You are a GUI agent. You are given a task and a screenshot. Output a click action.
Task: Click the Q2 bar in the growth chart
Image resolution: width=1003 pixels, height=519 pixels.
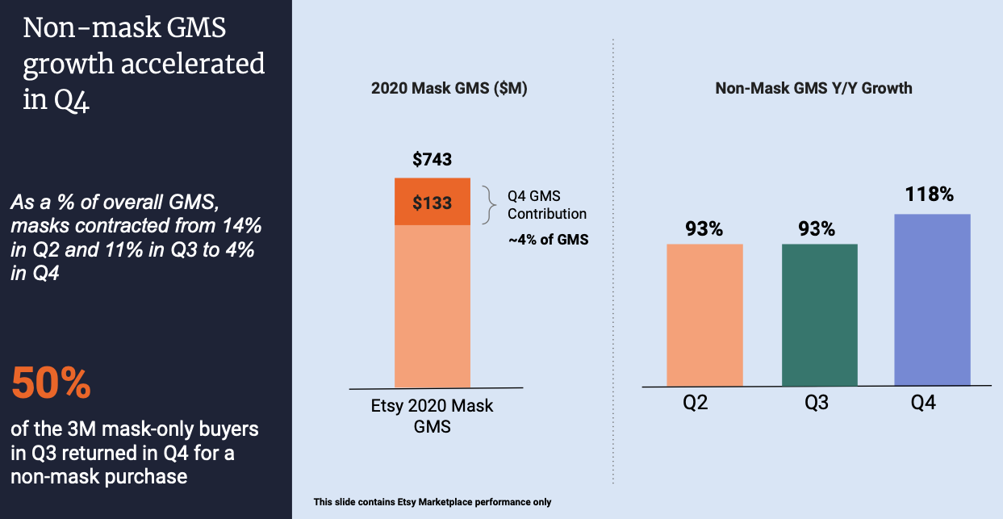click(704, 315)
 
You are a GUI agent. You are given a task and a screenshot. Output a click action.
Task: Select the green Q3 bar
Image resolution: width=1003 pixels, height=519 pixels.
click(819, 315)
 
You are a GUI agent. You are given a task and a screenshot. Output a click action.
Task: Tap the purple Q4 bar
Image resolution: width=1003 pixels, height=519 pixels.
click(933, 299)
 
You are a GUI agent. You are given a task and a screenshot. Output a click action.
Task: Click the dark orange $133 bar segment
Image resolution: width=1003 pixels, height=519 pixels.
click(433, 202)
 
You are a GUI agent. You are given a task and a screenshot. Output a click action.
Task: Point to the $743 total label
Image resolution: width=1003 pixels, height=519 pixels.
click(433, 160)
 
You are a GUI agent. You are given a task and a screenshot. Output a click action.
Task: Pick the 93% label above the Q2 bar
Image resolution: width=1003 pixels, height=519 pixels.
click(704, 229)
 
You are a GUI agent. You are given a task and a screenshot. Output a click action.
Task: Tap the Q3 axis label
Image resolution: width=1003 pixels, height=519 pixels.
click(817, 403)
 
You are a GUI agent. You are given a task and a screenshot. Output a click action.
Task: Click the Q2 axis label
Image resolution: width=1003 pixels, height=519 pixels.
click(695, 403)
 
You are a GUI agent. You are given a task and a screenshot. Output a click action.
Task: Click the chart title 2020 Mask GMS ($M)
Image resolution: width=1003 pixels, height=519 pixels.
click(449, 89)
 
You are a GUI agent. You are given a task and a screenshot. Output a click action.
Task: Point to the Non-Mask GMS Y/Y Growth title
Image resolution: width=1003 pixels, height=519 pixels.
click(813, 88)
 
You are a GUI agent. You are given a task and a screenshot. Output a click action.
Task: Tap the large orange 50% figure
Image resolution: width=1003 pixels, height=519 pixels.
click(51, 383)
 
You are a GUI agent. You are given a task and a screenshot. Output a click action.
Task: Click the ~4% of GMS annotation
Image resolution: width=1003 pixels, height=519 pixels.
click(549, 240)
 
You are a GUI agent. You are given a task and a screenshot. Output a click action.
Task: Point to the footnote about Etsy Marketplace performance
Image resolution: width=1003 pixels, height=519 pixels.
click(432, 502)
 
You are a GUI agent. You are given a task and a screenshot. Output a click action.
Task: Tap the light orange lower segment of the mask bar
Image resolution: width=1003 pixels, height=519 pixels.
click(433, 307)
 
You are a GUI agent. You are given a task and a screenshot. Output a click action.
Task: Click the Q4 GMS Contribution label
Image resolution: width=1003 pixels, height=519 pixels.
click(546, 205)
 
